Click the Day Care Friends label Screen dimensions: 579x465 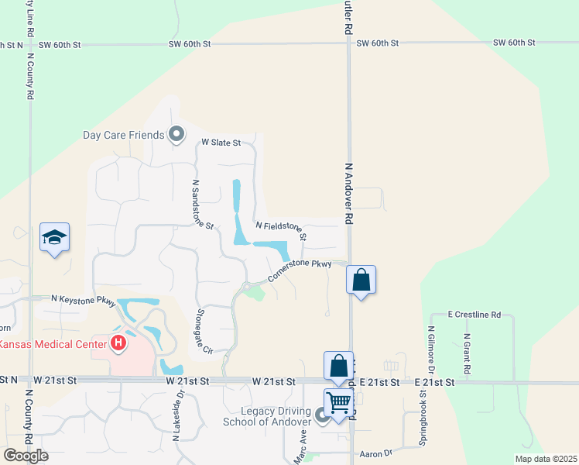[x=124, y=135]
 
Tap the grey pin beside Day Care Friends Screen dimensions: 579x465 [x=176, y=135]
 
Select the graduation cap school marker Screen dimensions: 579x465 [x=55, y=239]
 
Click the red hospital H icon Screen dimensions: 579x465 [x=118, y=342]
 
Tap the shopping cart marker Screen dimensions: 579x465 [x=338, y=404]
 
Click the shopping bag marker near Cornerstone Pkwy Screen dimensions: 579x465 [x=361, y=280]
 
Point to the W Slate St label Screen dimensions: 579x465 [x=221, y=143]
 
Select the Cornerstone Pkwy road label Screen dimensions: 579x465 [x=300, y=270]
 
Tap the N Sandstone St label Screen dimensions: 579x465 [x=202, y=205]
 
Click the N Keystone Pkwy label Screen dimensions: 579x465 [x=83, y=298]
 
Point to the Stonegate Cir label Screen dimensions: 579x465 [x=204, y=331]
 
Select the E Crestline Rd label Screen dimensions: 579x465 [x=475, y=315]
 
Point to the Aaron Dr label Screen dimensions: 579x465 [x=377, y=454]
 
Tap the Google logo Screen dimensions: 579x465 [x=26, y=456]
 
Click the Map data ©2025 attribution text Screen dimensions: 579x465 [x=545, y=459]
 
